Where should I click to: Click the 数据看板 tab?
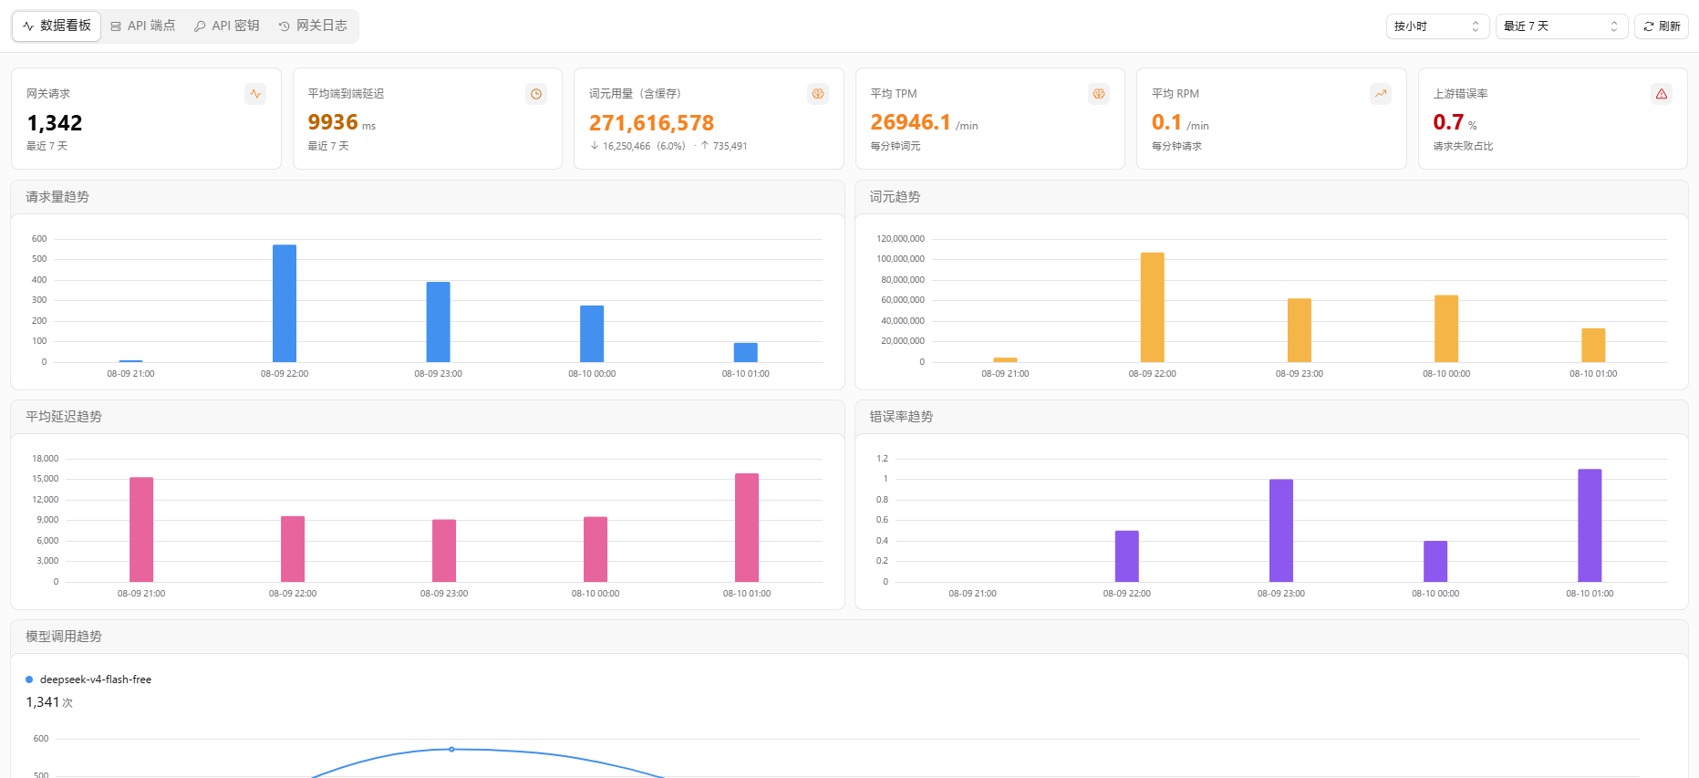57,26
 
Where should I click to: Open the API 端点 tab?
143,26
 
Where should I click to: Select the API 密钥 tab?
227,26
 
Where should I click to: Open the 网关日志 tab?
313,26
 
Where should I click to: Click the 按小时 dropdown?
1437,26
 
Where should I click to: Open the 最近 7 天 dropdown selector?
1561,26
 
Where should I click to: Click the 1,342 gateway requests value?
55,123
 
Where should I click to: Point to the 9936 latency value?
333,122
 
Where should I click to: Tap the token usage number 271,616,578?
651,123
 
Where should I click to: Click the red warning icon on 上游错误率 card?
1662,94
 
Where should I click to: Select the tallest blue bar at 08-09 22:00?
285,304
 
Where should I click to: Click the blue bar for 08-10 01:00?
746,352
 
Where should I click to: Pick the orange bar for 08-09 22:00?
1153,307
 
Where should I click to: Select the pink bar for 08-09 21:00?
141,530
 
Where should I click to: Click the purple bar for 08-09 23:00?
1281,531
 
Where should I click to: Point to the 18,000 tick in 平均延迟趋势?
46,459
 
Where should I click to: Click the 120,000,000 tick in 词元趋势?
901,239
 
